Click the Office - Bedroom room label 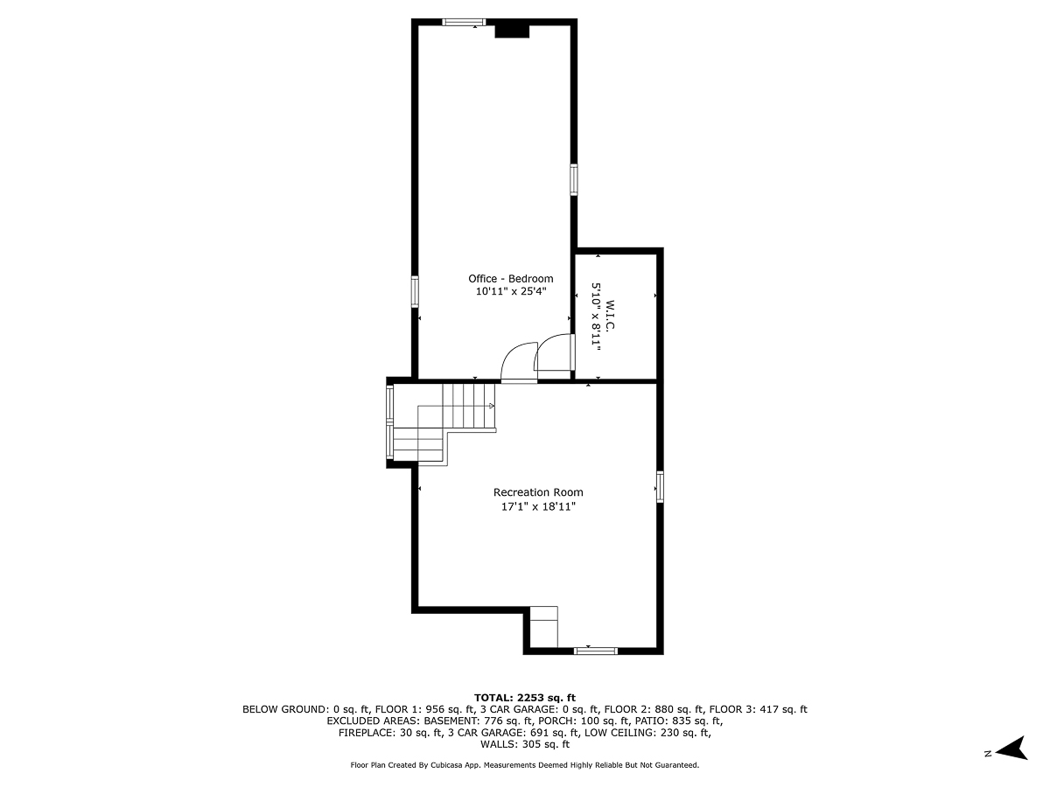[510, 279]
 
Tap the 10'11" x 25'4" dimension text [510, 292]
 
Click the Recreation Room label [538, 492]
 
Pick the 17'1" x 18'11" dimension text [538, 506]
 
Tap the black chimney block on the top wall [512, 31]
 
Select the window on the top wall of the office [464, 22]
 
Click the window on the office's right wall [574, 179]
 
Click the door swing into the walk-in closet [555, 354]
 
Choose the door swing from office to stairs [518, 361]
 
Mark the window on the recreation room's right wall [660, 486]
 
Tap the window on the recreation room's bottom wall [595, 651]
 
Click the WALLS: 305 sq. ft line [524, 745]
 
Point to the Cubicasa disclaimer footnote [524, 765]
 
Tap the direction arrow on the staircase [491, 407]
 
